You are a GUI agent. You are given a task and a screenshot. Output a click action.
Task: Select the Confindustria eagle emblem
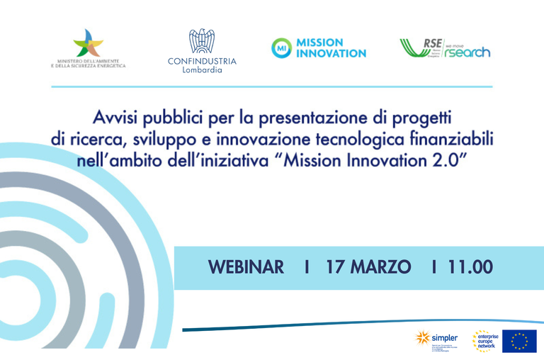[201, 40]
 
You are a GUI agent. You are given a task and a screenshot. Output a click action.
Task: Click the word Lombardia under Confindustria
[202, 70]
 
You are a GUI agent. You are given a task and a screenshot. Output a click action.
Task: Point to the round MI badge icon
[281, 47]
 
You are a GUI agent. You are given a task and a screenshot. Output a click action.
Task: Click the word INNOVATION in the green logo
[331, 53]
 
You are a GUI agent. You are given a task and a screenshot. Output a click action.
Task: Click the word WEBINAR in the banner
[246, 267]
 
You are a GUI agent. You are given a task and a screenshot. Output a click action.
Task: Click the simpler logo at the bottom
[436, 339]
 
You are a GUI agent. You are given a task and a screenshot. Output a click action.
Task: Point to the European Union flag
[519, 341]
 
